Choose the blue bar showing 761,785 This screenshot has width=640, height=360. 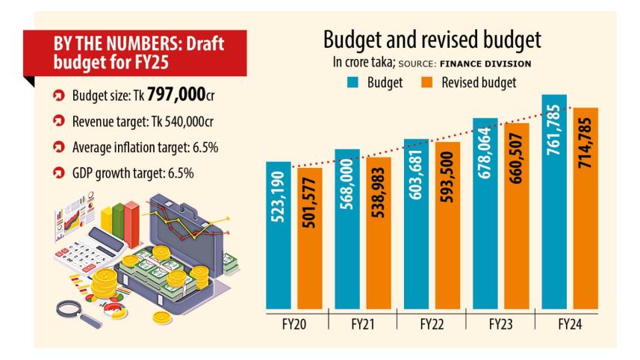[x=553, y=202]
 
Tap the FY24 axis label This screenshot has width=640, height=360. [x=569, y=325]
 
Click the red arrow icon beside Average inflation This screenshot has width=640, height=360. [x=57, y=147]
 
